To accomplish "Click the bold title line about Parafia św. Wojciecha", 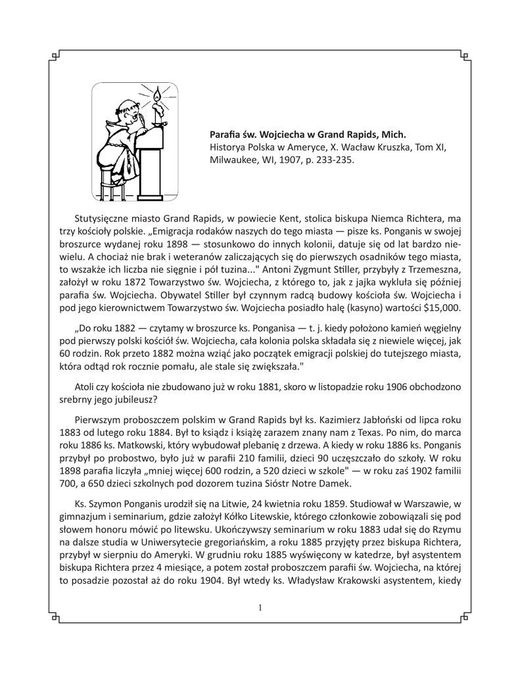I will [x=308, y=135].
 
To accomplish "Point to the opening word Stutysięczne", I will [x=105, y=220].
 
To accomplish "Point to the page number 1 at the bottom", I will [x=260, y=608].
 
